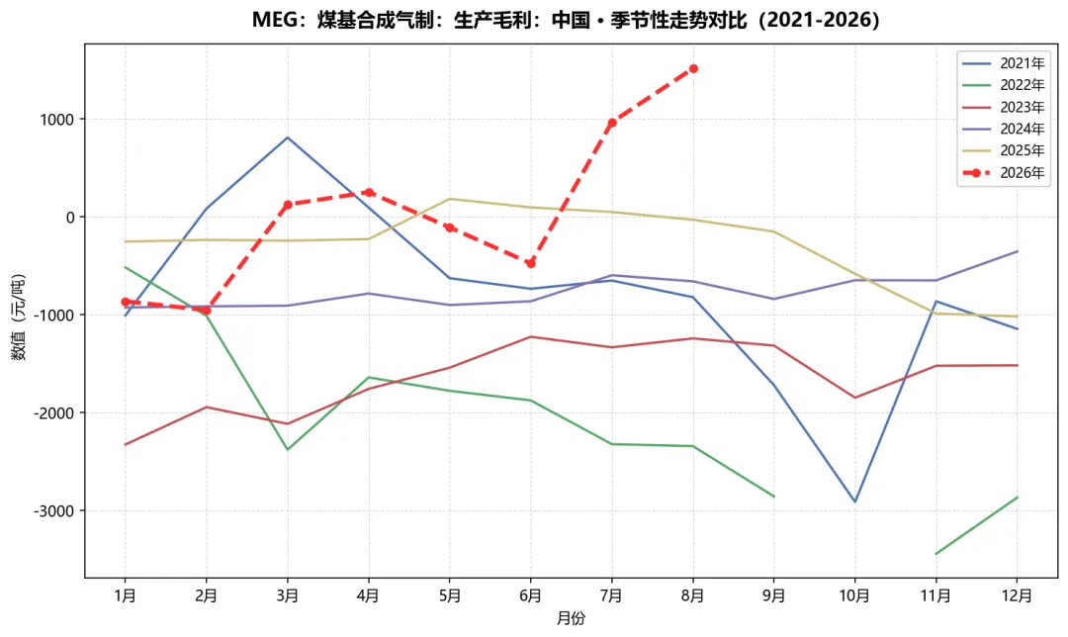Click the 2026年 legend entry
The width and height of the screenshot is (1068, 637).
point(1004,173)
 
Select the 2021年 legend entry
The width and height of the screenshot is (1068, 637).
point(1004,63)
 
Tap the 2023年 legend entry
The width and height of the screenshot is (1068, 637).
point(1004,107)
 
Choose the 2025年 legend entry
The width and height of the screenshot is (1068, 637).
point(1004,150)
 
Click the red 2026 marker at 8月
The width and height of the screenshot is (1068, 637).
point(693,69)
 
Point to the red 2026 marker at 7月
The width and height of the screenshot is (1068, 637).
point(612,123)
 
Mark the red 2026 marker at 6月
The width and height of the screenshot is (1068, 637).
point(531,264)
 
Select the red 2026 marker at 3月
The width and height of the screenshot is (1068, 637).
point(288,205)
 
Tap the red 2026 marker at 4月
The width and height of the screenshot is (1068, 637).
point(369,192)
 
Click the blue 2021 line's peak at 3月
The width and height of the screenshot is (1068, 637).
point(288,137)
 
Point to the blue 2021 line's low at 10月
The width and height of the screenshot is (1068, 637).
point(855,502)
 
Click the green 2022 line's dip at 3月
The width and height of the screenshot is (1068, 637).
point(288,450)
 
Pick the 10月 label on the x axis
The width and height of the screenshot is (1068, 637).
point(854,595)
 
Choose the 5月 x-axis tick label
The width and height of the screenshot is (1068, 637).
point(450,595)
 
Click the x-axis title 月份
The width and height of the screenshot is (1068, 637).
point(571,618)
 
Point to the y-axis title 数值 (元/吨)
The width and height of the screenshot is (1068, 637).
point(18,317)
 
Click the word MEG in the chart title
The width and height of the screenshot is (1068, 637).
point(275,20)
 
